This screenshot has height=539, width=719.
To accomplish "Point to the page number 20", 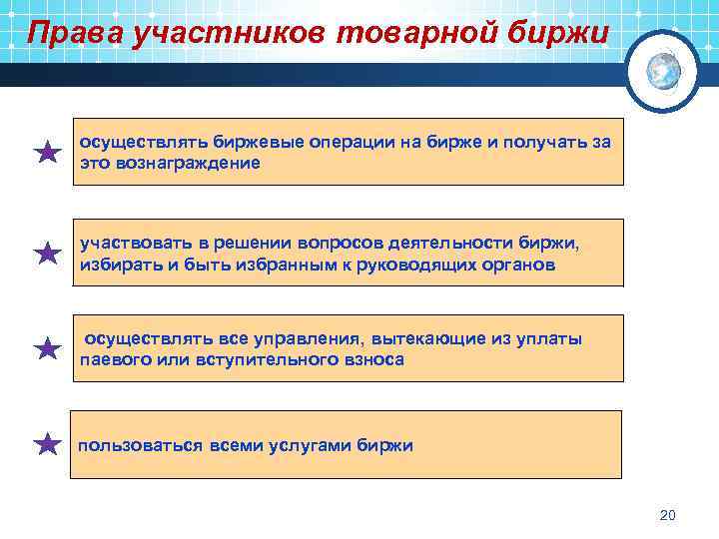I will (x=668, y=515).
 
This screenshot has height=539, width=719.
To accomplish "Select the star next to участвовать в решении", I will (x=47, y=254).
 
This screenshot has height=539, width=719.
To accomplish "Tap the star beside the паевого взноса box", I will (x=47, y=348).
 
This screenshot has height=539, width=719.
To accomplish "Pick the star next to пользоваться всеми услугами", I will (x=47, y=444).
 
